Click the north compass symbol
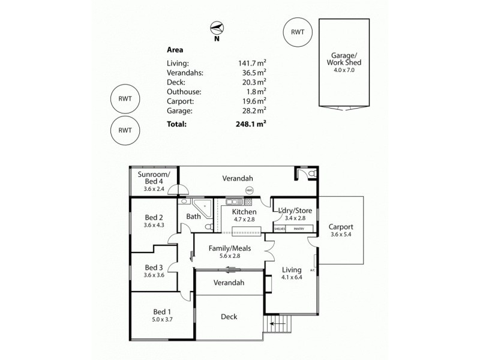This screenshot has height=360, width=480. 217,28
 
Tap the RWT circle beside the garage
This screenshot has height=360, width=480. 298,32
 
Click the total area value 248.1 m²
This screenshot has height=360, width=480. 251,124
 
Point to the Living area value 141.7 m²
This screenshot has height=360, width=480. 252,62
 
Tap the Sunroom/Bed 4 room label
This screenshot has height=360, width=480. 154,178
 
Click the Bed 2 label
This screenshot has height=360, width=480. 154,217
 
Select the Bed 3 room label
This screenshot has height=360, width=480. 154,267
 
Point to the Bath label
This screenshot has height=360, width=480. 193,217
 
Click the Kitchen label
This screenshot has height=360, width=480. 244,212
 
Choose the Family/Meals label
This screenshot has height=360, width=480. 229,248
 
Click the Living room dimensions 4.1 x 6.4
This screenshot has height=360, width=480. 292,278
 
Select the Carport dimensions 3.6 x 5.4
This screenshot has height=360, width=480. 341,235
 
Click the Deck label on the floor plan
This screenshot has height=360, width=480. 229,317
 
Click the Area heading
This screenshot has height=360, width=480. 175,50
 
